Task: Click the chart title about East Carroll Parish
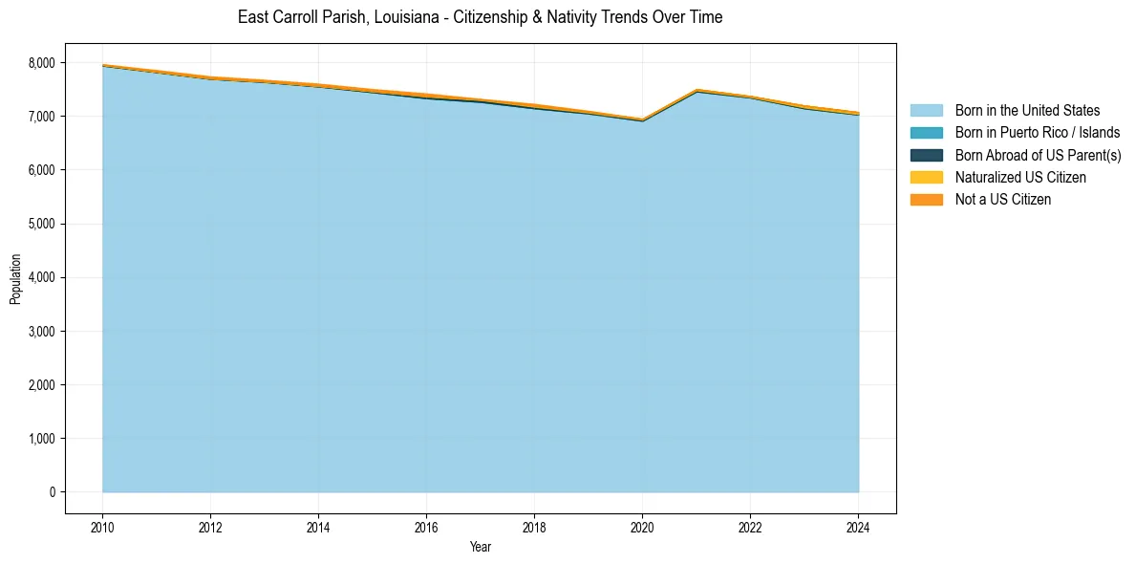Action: (x=480, y=17)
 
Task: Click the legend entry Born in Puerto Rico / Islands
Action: (x=1038, y=133)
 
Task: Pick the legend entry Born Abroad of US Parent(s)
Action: (x=1038, y=155)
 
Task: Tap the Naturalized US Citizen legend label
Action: (x=1020, y=177)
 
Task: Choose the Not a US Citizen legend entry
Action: (x=1002, y=199)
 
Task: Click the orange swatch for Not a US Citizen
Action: (x=926, y=199)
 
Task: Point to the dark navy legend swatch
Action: (x=926, y=155)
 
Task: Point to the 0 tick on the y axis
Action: (x=52, y=492)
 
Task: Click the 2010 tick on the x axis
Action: (x=102, y=526)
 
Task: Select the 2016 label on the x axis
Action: (x=426, y=526)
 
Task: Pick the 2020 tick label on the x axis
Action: (x=642, y=526)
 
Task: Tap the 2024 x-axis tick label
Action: (x=858, y=526)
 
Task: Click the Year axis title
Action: (x=480, y=547)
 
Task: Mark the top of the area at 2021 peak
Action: (x=697, y=90)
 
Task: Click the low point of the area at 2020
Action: (x=642, y=119)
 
